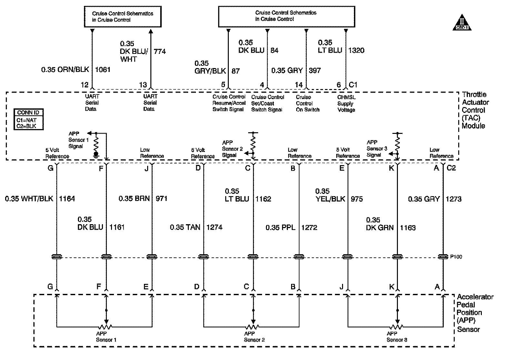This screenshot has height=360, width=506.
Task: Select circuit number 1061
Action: (x=103, y=69)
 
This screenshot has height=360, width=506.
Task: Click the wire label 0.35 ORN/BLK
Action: (x=65, y=69)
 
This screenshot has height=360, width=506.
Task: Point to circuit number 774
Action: (x=160, y=51)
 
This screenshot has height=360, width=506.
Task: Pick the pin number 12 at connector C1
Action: (x=85, y=85)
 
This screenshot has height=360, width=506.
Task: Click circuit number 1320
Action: (x=356, y=50)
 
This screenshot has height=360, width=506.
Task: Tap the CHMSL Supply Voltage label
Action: (x=346, y=104)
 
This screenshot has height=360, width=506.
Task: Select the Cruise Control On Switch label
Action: (x=308, y=104)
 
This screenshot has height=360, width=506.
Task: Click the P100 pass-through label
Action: (x=456, y=257)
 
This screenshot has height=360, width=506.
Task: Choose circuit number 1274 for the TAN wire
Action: (x=214, y=227)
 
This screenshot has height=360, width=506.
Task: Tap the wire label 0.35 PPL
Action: (x=280, y=227)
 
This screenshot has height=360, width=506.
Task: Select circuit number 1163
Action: (x=408, y=227)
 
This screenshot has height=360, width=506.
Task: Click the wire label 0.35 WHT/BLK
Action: (x=29, y=199)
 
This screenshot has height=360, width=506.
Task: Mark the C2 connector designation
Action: (x=451, y=168)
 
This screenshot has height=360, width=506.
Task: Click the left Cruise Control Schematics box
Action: (x=123, y=16)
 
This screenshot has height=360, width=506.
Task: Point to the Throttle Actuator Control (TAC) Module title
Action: (x=475, y=110)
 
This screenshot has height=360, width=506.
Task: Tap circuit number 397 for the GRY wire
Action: (x=315, y=70)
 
